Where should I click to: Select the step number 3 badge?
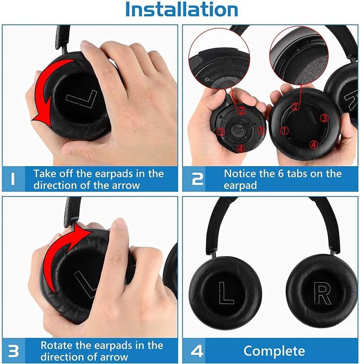pos(14,350)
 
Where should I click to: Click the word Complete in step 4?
pos(274,350)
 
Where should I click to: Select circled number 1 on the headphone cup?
pos(261,130)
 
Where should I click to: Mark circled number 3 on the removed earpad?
pos(324,118)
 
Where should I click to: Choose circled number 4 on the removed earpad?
pos(313,144)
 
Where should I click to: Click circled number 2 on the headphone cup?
pos(241,110)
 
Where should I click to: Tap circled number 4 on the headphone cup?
pos(240,149)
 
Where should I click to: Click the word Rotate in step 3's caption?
pos(57,344)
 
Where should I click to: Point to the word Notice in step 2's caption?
pos(240,173)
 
